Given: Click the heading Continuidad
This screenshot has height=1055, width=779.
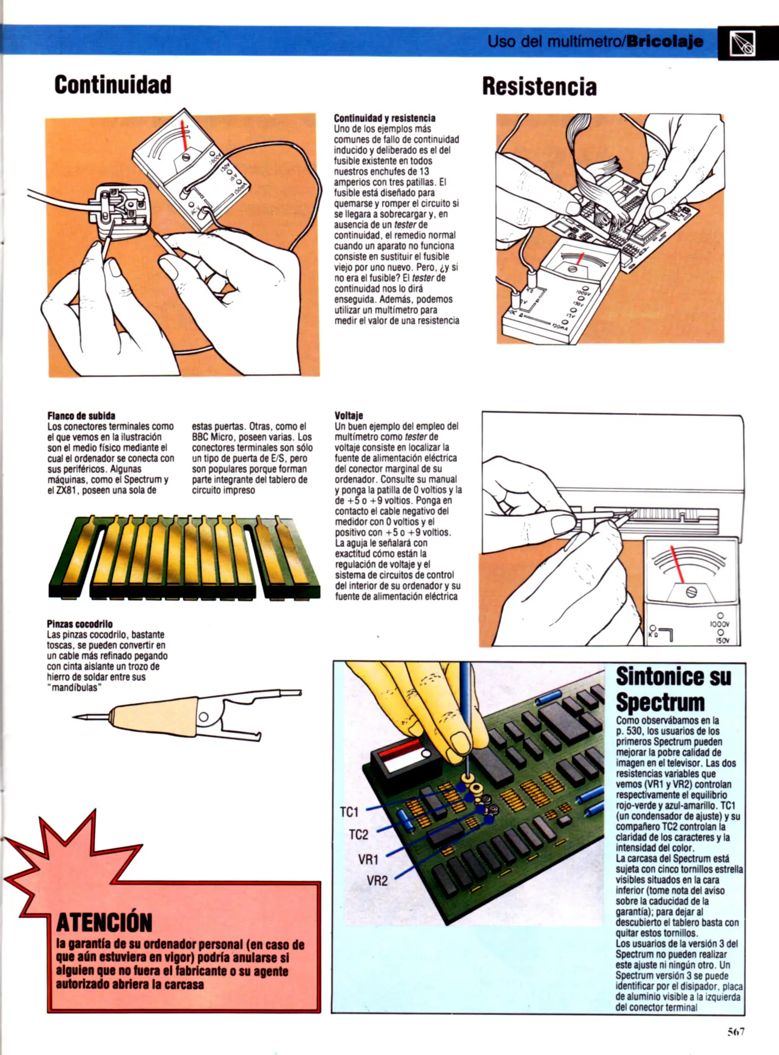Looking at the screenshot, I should click(x=113, y=84).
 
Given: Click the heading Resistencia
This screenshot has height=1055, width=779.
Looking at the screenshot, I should click(x=539, y=87).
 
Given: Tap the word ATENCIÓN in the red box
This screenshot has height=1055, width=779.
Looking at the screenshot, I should click(x=104, y=922).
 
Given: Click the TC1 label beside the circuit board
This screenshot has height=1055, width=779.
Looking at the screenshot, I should click(x=349, y=812).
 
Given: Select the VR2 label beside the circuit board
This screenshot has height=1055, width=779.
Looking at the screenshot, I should click(x=377, y=881).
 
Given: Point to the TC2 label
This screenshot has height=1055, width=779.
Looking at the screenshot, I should click(x=358, y=835).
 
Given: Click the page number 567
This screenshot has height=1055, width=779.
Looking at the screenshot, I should click(x=736, y=1032).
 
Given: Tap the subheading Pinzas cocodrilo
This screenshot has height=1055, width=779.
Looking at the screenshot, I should click(x=80, y=624).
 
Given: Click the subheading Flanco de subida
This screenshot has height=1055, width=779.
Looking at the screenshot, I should click(x=81, y=416).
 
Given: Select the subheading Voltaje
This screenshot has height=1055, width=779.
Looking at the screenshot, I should click(x=349, y=416).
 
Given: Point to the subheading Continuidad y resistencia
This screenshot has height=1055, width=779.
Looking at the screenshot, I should click(x=384, y=118).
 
